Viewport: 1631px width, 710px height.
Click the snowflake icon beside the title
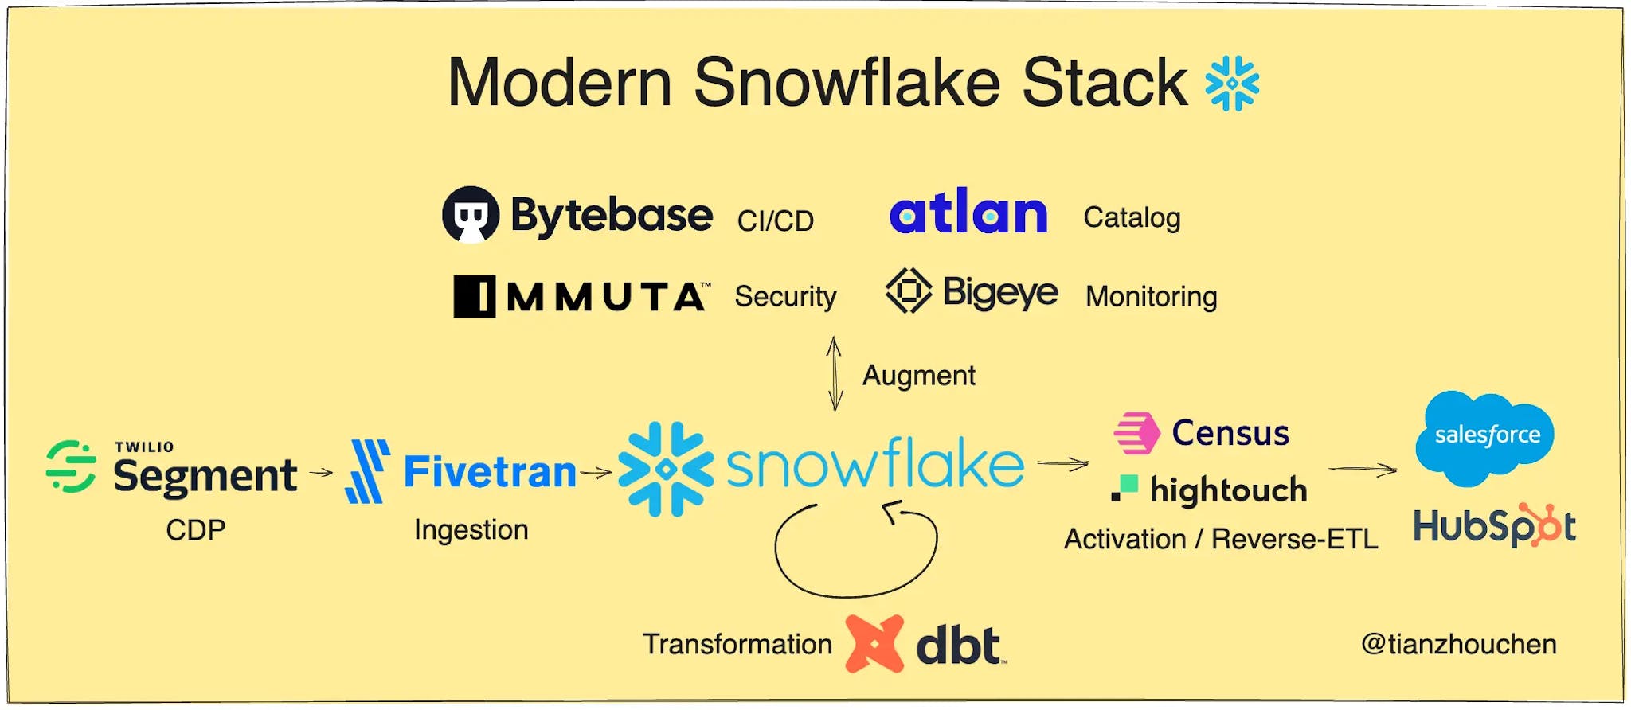point(1232,83)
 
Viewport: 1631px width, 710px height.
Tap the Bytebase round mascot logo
point(471,214)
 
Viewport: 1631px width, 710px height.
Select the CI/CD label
point(776,220)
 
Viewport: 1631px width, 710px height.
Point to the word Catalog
point(1132,218)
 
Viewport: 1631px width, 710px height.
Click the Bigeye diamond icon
point(909,291)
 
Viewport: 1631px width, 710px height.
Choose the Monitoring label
point(1152,297)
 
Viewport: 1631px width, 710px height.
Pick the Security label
point(785,296)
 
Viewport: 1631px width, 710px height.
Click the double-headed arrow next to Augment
point(835,373)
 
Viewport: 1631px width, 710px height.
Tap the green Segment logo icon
point(71,466)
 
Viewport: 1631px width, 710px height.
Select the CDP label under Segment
point(196,530)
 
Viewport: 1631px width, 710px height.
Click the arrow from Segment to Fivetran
point(321,472)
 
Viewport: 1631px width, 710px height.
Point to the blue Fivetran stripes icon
point(367,472)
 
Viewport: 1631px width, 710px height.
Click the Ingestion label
point(471,530)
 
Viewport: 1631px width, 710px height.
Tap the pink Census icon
point(1137,433)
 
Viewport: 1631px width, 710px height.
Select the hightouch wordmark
point(1229,490)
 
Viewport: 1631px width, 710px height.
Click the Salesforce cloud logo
point(1485,438)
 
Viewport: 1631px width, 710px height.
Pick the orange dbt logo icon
point(874,644)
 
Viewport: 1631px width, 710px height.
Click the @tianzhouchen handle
point(1459,644)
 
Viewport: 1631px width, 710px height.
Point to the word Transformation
point(737,644)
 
